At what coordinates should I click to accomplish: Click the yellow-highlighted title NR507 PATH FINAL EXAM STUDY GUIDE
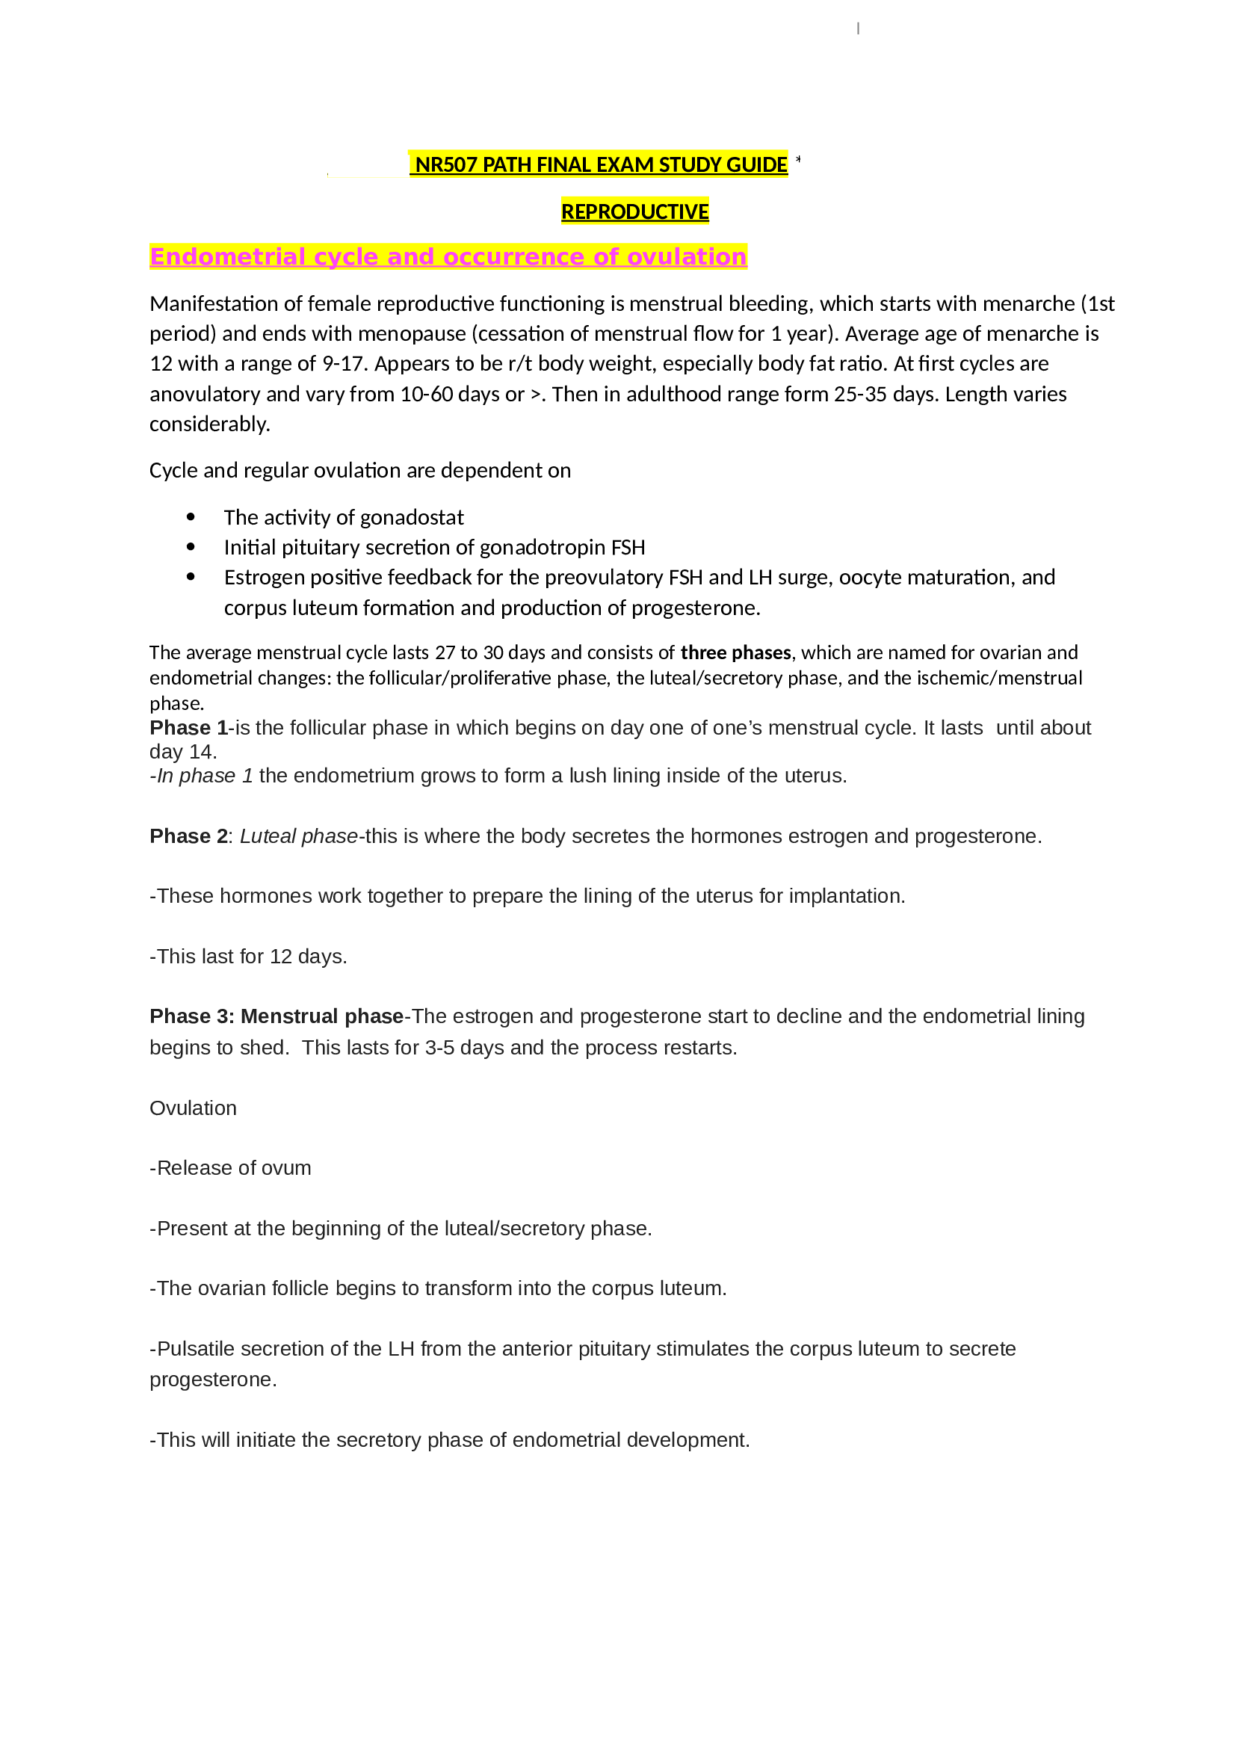pos(601,164)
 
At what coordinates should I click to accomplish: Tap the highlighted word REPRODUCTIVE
pos(634,211)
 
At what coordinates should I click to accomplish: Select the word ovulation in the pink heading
pos(687,257)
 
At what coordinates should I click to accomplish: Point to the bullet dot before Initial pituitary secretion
pos(191,547)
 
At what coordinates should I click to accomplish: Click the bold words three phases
pos(735,652)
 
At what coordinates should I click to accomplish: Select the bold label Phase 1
pos(189,728)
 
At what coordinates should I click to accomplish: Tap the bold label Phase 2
pos(188,836)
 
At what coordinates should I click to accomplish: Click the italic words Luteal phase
pos(298,836)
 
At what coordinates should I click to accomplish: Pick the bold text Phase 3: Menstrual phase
pos(276,1016)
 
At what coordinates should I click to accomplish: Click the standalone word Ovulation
pos(193,1108)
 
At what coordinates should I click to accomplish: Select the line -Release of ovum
pos(230,1168)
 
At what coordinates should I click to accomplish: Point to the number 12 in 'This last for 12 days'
pos(281,957)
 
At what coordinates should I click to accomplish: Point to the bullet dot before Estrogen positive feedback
pos(191,577)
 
